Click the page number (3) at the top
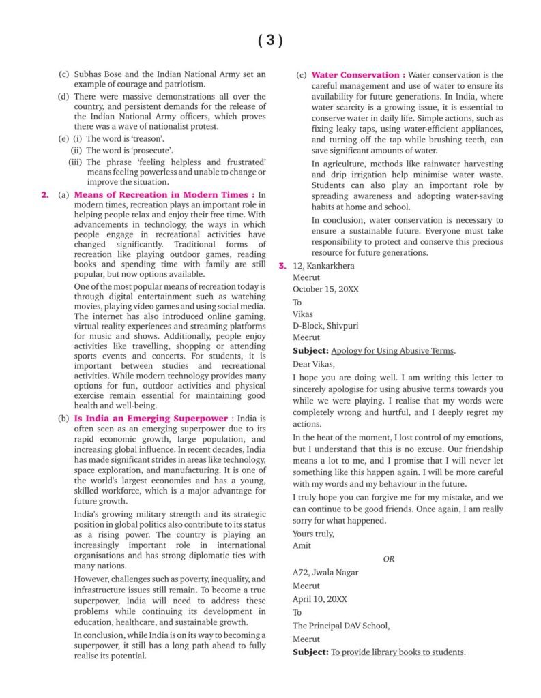pyautogui.click(x=270, y=41)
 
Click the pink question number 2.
pyautogui.click(x=45, y=195)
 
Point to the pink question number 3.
pyautogui.click(x=282, y=266)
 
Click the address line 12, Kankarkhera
pyautogui.click(x=323, y=266)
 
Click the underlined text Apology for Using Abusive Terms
pyautogui.click(x=392, y=350)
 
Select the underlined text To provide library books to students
pyautogui.click(x=398, y=652)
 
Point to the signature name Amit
pyautogui.click(x=302, y=545)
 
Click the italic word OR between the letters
pyautogui.click(x=389, y=559)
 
